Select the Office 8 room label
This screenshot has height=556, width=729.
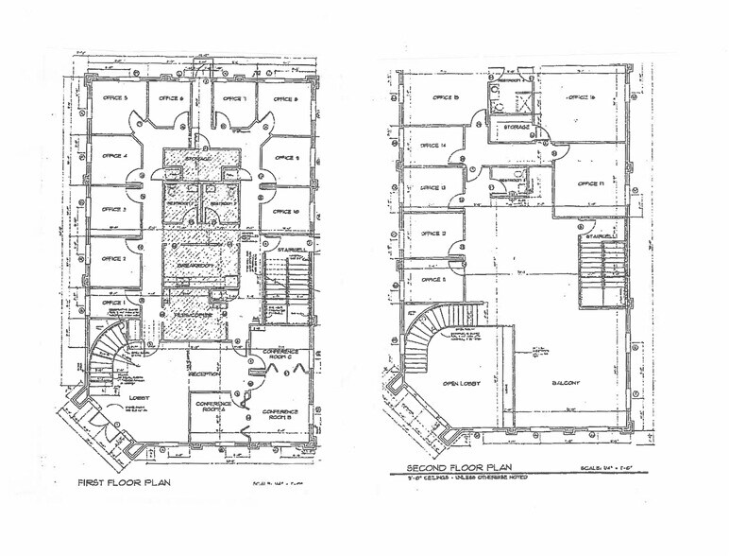pyautogui.click(x=283, y=98)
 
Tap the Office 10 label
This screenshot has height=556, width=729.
pyautogui.click(x=284, y=212)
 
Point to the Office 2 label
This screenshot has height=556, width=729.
pyautogui.click(x=113, y=256)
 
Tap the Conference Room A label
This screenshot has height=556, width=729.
pyautogui.click(x=214, y=406)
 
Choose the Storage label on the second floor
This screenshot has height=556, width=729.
pyautogui.click(x=516, y=126)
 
